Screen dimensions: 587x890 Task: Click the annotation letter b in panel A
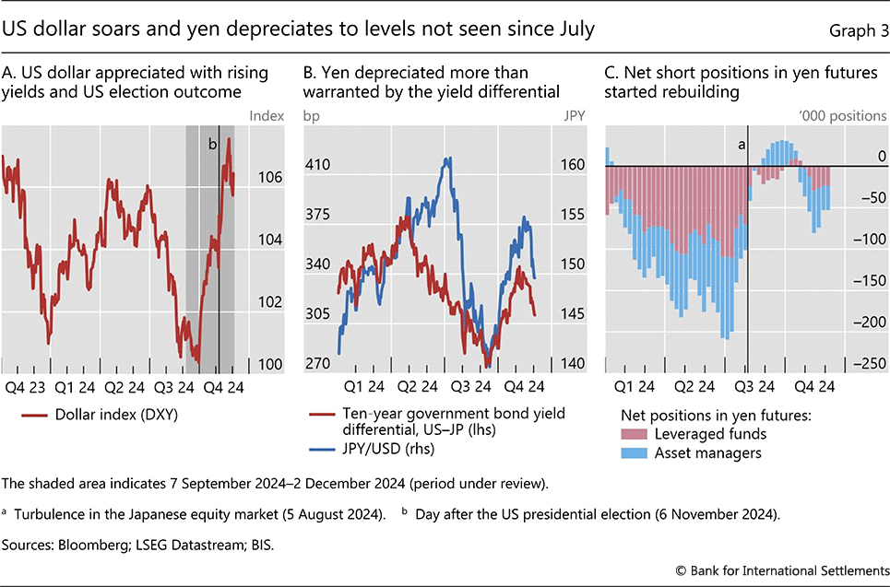[x=212, y=144]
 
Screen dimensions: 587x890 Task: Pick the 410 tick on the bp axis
[x=317, y=165]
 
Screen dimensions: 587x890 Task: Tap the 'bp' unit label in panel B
[x=310, y=116]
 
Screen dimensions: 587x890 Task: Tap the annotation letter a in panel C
[x=740, y=144]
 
